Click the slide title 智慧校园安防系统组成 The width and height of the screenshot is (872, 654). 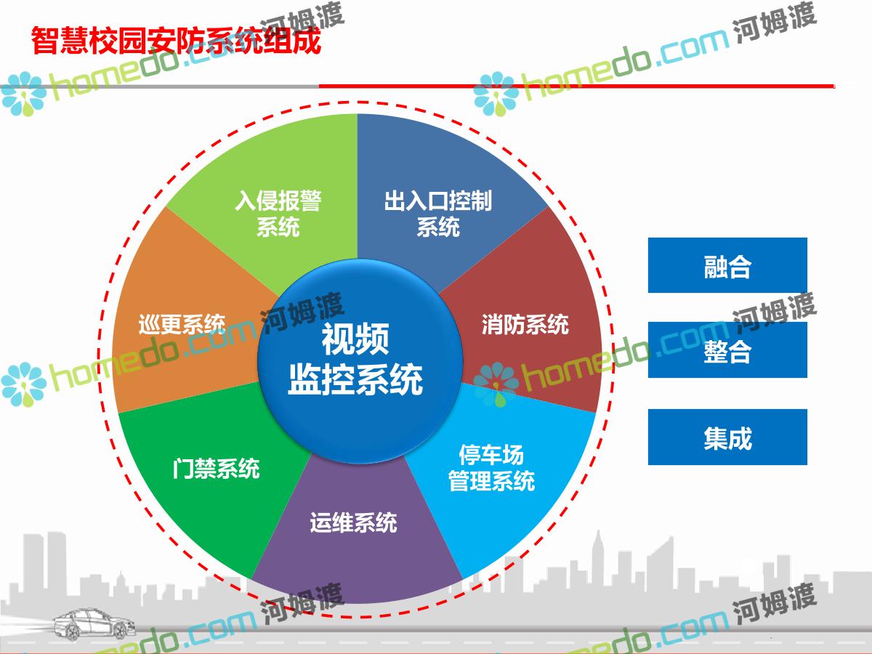point(176,41)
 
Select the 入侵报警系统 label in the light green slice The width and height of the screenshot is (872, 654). point(278,214)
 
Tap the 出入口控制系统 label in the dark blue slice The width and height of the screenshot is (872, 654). point(438,214)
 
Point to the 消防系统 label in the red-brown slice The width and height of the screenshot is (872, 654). point(525,324)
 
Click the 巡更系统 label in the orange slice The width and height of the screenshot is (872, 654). point(182,324)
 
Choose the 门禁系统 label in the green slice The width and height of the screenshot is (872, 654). point(216,469)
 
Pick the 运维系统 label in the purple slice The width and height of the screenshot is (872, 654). point(354,522)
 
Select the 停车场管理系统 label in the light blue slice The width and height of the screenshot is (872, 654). point(491,468)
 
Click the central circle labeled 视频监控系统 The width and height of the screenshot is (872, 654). point(360,361)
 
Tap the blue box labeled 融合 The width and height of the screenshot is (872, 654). point(727,265)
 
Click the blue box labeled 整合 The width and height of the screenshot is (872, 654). point(727,350)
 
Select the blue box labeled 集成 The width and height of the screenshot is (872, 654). point(727,437)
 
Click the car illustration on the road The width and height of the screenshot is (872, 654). point(94,624)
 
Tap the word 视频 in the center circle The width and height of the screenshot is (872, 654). point(355,339)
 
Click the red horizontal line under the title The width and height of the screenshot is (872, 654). point(576,86)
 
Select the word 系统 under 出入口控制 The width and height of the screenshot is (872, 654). point(438,227)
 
